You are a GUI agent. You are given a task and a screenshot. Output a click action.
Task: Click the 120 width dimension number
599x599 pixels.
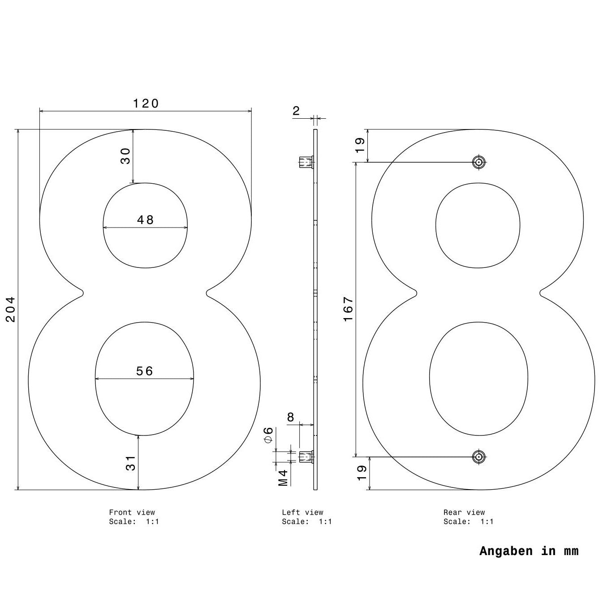coord(146,103)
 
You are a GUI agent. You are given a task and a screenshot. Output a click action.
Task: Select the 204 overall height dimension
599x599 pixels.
coord(11,309)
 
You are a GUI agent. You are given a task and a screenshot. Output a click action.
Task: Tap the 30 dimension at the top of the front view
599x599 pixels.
coord(125,156)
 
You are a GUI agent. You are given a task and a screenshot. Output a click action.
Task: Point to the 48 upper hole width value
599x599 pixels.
coord(145,220)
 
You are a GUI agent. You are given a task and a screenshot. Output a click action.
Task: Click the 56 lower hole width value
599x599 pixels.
coord(145,371)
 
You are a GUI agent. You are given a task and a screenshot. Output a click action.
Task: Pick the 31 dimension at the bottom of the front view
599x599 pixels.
coord(131,463)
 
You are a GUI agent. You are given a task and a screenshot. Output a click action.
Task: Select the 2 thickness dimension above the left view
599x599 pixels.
coord(296,111)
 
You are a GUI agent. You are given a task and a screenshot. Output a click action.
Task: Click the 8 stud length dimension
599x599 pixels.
coord(290,417)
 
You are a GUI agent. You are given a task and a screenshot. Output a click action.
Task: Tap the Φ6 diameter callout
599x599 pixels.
coord(268,435)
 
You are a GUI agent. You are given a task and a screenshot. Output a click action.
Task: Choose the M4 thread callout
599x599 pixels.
coord(283,478)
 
